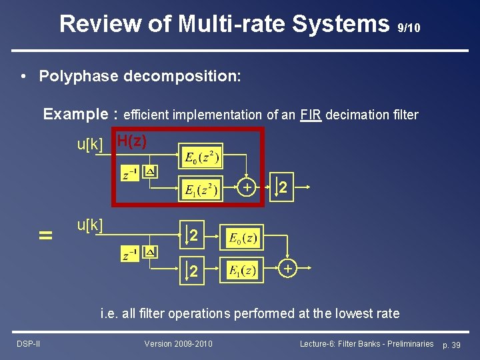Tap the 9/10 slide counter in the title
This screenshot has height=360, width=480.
[x=408, y=28]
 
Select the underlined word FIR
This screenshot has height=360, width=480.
[x=311, y=115]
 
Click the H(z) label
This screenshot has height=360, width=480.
[x=131, y=141]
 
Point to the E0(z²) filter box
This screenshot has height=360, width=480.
[x=200, y=159]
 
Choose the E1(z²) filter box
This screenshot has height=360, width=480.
[x=200, y=190]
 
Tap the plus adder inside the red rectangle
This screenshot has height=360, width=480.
[x=247, y=189]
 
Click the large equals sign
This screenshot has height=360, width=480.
[x=45, y=235]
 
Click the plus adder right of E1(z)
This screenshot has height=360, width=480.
[x=287, y=268]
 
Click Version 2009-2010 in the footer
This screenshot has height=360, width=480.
[x=179, y=343]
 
